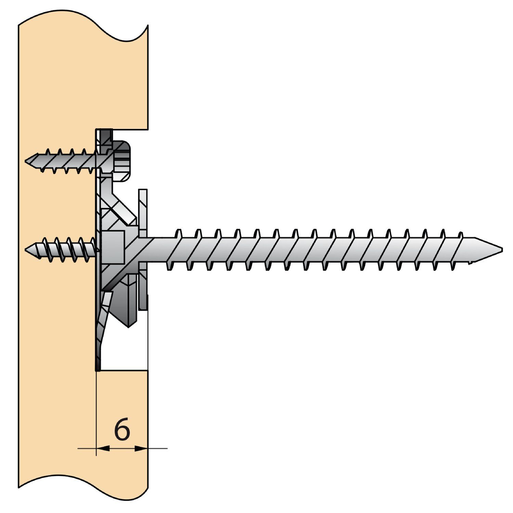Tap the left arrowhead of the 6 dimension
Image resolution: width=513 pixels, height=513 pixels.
coord(103,448)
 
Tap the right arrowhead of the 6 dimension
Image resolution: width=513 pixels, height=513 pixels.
coord(141,448)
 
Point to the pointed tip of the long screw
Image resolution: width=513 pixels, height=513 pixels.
coord(502,249)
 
